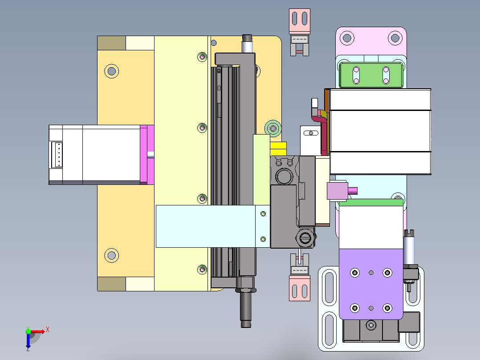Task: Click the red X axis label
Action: point(48,330)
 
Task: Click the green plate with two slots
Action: point(371,75)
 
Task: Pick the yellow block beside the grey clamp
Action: point(278,149)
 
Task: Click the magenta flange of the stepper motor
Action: point(147,155)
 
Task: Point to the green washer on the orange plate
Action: point(273,128)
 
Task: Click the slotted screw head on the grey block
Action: point(305,237)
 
